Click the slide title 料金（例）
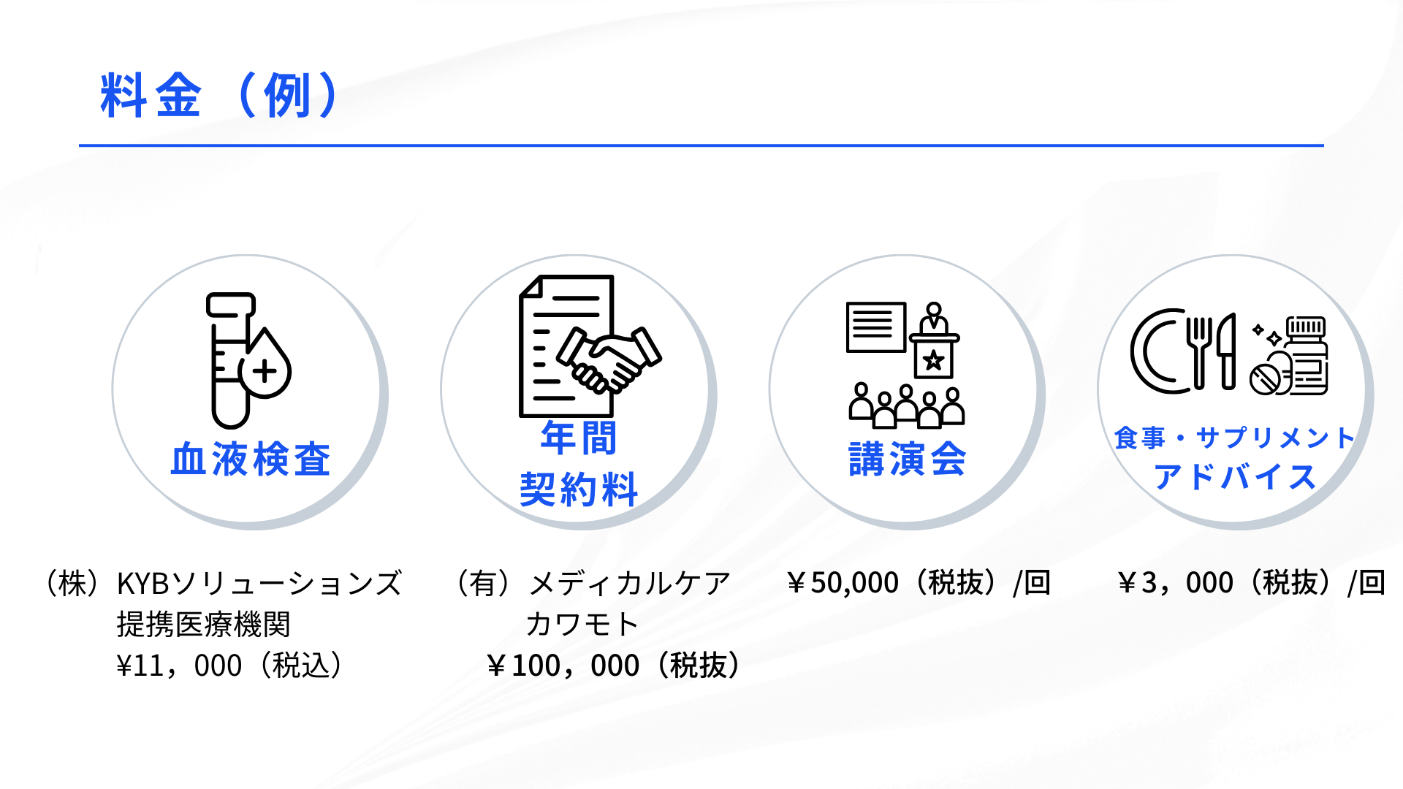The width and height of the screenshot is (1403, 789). [219, 96]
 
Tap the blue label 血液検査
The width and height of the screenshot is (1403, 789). [251, 460]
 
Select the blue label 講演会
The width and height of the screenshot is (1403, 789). [908, 460]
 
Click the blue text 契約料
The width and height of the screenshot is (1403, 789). [579, 489]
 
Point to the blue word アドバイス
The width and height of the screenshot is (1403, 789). [1235, 477]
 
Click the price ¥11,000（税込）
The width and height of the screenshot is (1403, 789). [230, 666]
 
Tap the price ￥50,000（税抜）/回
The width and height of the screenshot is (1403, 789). [919, 583]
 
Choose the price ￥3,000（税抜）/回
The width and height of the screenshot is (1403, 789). [1251, 583]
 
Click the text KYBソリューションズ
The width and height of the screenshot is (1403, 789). [259, 583]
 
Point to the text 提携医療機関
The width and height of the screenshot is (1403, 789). [204, 625]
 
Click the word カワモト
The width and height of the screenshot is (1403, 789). [582, 625]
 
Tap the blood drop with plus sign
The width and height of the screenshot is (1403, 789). [265, 363]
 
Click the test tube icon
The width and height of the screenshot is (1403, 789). [229, 360]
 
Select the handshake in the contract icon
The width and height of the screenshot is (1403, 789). [609, 360]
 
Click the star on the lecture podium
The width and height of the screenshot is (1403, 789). [933, 360]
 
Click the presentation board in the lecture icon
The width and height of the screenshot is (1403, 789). [876, 327]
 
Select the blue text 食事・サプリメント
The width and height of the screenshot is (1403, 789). [1235, 438]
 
